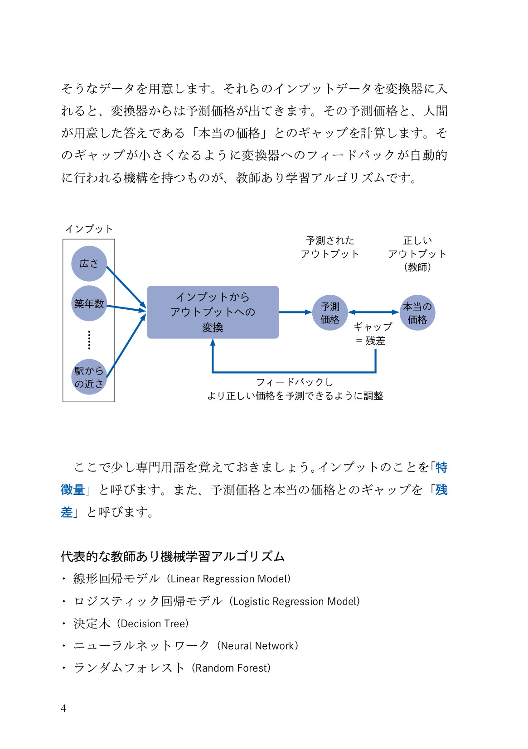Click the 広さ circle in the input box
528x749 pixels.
click(x=89, y=264)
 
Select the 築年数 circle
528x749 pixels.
click(x=89, y=303)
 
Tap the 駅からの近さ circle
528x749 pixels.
click(x=89, y=377)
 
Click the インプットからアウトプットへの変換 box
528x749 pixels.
click(x=213, y=312)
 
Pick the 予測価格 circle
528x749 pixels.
click(x=330, y=312)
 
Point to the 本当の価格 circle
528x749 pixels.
click(x=417, y=312)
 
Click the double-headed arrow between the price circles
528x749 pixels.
click(x=374, y=312)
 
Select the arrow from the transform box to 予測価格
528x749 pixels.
click(x=295, y=312)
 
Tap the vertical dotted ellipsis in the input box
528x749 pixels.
click(x=89, y=340)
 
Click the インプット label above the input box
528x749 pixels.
click(x=89, y=229)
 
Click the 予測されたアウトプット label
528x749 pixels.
click(x=330, y=247)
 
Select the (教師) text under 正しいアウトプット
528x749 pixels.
click(x=417, y=267)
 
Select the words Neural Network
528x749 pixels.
click(x=257, y=646)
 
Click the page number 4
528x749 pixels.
click(x=63, y=708)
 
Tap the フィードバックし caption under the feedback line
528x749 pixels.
click(x=295, y=382)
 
